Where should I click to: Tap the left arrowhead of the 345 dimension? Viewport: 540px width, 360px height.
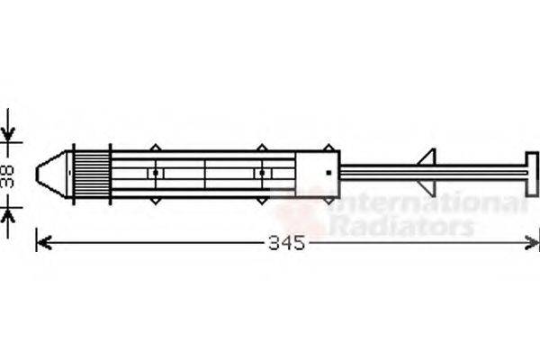(41, 242)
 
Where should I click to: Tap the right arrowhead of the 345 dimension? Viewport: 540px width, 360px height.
(533, 242)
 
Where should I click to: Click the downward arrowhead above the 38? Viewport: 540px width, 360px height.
(9, 134)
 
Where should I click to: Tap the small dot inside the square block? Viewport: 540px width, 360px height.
(329, 171)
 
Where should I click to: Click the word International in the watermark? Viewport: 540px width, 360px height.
(423, 204)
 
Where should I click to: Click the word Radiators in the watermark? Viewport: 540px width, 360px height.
(400, 226)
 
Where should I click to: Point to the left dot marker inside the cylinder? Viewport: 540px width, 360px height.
(156, 172)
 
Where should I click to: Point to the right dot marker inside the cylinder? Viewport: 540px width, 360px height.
(261, 172)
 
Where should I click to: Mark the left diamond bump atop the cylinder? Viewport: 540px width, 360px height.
(156, 147)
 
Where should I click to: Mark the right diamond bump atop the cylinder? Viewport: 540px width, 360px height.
(261, 147)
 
